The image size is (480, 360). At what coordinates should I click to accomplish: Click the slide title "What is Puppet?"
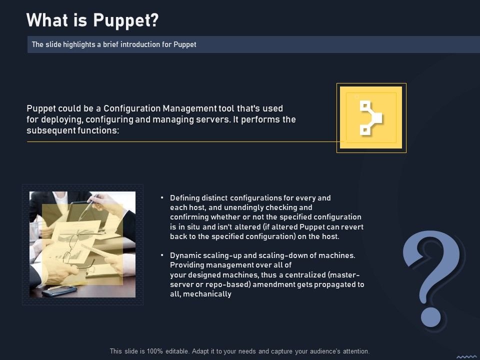92,20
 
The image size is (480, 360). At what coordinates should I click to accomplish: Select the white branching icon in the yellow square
370,118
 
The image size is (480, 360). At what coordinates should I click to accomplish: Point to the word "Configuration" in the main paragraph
133,108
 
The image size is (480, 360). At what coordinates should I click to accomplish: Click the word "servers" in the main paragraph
211,119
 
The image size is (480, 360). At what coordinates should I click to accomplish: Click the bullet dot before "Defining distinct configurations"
162,198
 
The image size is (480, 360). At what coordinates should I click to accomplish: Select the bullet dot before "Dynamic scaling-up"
162,255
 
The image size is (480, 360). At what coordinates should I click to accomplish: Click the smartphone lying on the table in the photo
59,290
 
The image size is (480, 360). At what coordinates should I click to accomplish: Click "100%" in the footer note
151,351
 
